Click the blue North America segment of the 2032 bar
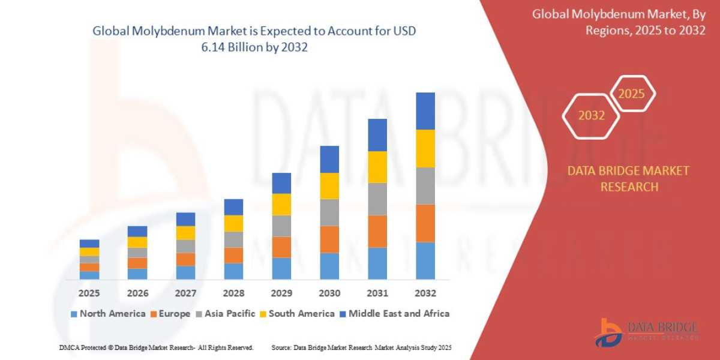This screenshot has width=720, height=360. coord(425,260)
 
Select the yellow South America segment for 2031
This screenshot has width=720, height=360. coord(377,167)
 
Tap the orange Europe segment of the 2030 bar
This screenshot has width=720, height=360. coord(329,239)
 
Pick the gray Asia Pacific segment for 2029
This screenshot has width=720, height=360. coord(281,226)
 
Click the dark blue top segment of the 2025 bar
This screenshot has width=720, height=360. coord(89,244)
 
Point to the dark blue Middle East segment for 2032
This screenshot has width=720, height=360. coord(425,111)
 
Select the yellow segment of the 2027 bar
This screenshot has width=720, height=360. coord(185,233)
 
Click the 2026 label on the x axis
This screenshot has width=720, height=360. coord(137,293)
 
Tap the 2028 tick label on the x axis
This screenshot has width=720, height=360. coord(233,293)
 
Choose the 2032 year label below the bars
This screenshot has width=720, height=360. coord(425,293)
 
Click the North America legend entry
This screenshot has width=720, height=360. coord(108,314)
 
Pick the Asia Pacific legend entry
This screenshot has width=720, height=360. coord(225,314)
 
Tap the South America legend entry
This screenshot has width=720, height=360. coord(296,314)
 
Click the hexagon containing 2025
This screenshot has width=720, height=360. coord(631,94)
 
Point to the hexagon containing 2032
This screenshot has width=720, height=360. coord(591,115)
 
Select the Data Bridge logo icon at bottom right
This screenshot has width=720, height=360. coord(608,332)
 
